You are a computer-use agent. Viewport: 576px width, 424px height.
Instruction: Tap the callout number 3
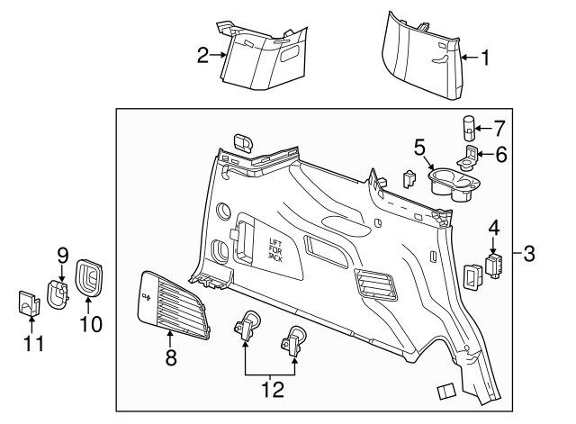point(529,254)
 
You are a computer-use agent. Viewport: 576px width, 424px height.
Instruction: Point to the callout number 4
point(493,227)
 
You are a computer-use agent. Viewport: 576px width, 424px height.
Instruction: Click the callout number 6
point(500,155)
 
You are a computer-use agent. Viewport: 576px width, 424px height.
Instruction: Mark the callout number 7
point(501,127)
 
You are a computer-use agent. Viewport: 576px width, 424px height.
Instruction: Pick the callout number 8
point(171,359)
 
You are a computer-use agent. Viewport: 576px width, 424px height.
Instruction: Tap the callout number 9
point(63,255)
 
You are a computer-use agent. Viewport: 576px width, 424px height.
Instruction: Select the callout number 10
point(90,321)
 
